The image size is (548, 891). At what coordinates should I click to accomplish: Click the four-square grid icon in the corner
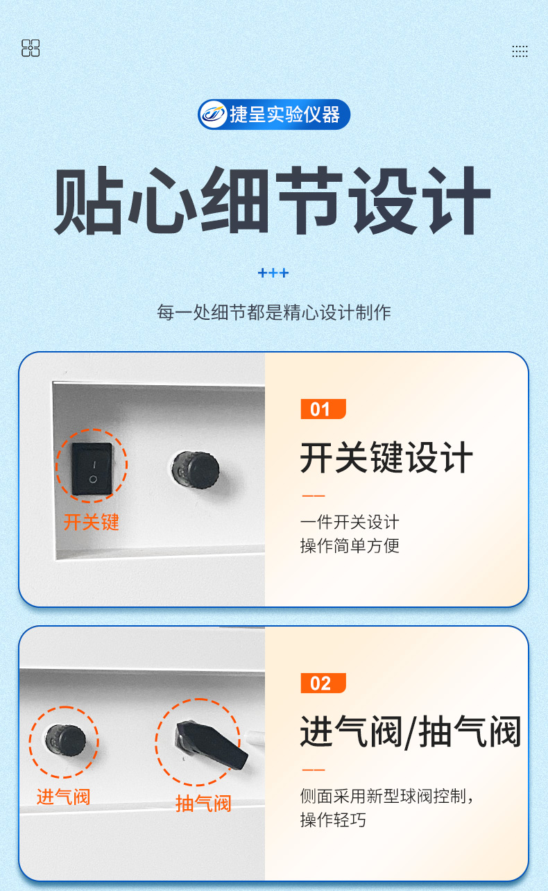pos(31,48)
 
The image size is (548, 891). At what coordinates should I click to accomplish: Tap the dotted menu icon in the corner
pos(520,51)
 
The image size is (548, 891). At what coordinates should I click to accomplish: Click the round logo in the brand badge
pos(213,114)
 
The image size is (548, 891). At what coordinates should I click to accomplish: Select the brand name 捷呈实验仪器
pos(284,114)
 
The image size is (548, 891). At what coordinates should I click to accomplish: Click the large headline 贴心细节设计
pos(273,201)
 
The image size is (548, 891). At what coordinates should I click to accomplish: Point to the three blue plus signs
pos(273,273)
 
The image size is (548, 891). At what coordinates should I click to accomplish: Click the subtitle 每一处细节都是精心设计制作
pos(274,312)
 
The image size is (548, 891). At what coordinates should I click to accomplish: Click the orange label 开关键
pos(91,522)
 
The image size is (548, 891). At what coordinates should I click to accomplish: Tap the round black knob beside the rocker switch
pos(196,470)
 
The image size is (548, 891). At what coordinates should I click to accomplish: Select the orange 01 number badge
pos(323,409)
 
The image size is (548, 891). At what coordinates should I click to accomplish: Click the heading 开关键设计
pos(386,458)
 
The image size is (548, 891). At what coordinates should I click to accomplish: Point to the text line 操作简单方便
pos(350,545)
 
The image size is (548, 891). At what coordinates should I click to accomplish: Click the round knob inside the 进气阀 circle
pos(66,740)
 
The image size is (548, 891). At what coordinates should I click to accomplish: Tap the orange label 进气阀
pos(64,797)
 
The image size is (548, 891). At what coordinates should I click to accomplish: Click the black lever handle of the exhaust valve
pos(212,745)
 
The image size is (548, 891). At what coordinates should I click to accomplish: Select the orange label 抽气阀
pos(203,804)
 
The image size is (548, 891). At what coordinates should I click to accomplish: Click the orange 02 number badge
pos(323,684)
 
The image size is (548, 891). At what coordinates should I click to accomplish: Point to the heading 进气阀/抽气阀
pos(411,732)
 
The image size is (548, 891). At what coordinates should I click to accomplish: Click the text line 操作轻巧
pos(333,820)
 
